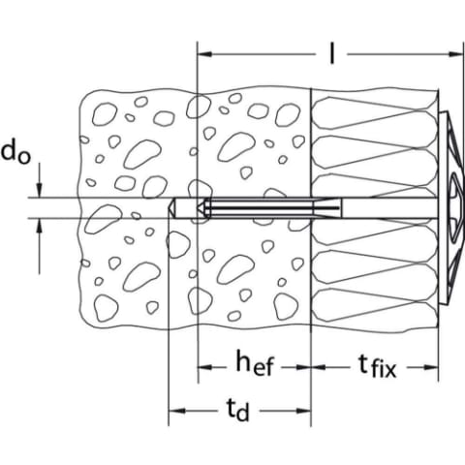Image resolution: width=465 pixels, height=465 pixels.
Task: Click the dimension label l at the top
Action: click(331, 53)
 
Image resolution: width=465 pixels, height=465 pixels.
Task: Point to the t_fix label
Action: click(377, 367)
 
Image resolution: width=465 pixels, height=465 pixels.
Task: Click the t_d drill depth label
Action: click(238, 410)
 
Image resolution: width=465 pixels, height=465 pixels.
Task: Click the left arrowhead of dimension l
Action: click(204, 53)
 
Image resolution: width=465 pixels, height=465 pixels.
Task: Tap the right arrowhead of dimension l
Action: click(456, 53)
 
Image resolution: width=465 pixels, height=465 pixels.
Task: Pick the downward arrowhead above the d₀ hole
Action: click(40, 190)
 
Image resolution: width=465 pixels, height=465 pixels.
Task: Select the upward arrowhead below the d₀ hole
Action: click(40, 226)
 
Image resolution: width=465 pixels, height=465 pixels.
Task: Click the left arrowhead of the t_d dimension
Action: click(176, 411)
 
